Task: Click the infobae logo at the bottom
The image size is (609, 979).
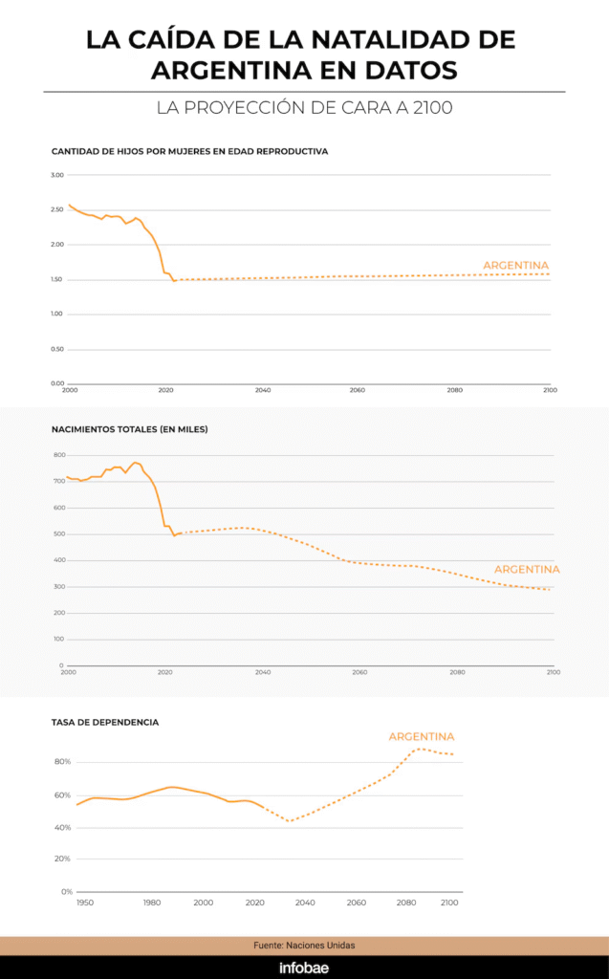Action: pos(304,968)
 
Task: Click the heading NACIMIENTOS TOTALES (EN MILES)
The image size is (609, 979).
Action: pos(129,429)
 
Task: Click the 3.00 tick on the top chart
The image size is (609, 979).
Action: pos(57,175)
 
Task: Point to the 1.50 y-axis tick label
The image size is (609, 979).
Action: pos(57,279)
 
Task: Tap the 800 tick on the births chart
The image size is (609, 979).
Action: pos(59,455)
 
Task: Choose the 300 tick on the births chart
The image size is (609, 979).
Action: pos(59,586)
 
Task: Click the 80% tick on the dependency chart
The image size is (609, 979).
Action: pos(63,762)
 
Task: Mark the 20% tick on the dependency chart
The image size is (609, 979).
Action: pos(63,859)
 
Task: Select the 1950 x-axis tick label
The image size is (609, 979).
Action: pos(85,903)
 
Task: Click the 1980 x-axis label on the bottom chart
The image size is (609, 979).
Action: pos(151,903)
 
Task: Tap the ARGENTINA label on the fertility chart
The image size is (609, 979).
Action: pos(516,265)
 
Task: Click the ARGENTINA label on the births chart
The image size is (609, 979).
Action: pos(527,569)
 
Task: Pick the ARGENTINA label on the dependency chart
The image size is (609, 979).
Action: pos(421,736)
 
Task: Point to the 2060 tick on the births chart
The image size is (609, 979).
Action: pos(359,672)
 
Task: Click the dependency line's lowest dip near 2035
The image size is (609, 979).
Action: pos(289,820)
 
